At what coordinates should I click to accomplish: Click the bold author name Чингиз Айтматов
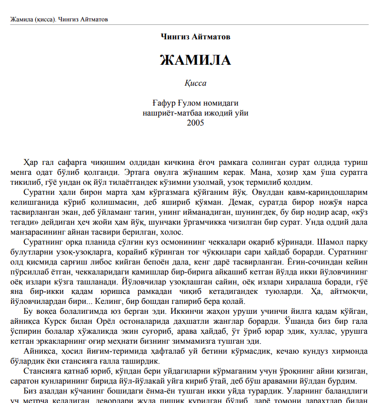196,36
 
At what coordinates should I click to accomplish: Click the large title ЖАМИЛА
195,60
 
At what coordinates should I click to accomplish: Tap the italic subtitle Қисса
195,83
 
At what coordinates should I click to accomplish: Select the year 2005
195,123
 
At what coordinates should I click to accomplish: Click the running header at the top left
59,19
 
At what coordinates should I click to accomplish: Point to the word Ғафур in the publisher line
163,104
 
